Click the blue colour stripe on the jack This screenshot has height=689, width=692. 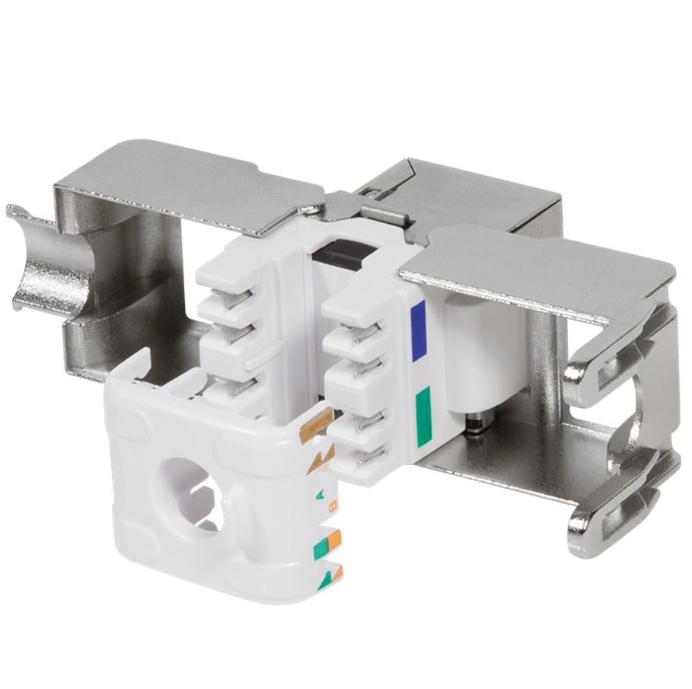(x=417, y=332)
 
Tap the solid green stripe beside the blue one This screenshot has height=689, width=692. (x=423, y=416)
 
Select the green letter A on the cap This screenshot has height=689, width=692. (x=320, y=497)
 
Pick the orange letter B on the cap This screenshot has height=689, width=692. (x=333, y=509)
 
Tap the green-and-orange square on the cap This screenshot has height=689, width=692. (x=327, y=545)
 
